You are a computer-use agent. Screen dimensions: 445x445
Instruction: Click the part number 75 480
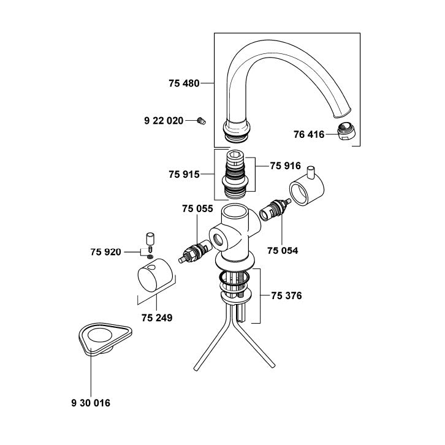[x=184, y=83]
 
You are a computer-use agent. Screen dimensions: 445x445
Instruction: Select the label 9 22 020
[x=164, y=121]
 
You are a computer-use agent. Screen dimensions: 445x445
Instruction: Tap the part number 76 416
[x=309, y=134]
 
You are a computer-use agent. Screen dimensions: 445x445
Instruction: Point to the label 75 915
[x=184, y=174]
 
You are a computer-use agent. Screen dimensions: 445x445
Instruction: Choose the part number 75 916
[x=285, y=165]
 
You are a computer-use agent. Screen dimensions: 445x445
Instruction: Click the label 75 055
[x=197, y=208]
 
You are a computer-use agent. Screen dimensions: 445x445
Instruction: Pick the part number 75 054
[x=283, y=251]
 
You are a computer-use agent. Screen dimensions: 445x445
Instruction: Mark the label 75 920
[x=106, y=252]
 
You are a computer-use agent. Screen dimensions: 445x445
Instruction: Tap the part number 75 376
[x=286, y=295]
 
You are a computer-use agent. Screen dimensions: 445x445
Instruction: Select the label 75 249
[x=157, y=318]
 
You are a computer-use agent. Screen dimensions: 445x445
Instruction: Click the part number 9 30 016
[x=91, y=403]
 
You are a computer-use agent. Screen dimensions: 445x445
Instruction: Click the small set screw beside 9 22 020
[x=201, y=121]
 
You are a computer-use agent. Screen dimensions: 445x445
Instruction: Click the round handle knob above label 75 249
[x=155, y=274]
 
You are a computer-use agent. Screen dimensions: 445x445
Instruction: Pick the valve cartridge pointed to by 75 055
[x=196, y=251]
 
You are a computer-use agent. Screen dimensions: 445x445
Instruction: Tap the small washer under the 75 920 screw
[x=150, y=257]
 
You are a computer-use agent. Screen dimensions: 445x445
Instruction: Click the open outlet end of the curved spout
[x=342, y=113]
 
